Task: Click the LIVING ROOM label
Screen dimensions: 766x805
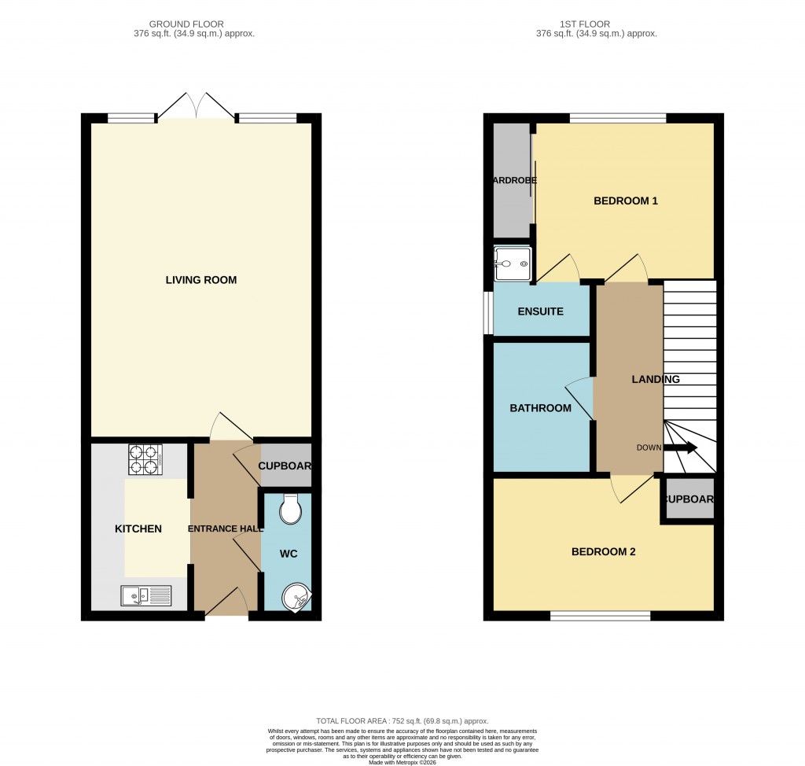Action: [x=200, y=280]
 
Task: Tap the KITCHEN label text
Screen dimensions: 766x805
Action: [x=138, y=528]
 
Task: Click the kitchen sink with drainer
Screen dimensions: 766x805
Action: [x=146, y=597]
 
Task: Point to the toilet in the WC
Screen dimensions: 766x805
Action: [x=290, y=509]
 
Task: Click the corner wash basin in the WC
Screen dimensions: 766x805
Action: [x=297, y=597]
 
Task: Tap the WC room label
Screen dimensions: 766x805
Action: [x=289, y=554]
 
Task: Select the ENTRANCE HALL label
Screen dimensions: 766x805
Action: [x=225, y=528]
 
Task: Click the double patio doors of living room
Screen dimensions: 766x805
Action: [x=197, y=107]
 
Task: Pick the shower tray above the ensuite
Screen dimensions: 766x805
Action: [x=512, y=264]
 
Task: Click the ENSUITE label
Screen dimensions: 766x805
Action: [x=540, y=311]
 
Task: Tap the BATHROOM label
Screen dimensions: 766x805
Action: [x=540, y=407]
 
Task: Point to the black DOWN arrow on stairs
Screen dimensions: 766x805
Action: [x=681, y=448]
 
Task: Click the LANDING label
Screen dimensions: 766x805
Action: [x=656, y=379]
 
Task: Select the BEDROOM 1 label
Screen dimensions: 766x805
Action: [x=625, y=201]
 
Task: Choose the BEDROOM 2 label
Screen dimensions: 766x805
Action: [x=603, y=551]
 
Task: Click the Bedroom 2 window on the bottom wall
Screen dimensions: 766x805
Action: [x=600, y=615]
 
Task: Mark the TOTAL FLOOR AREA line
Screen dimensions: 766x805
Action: [x=402, y=721]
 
